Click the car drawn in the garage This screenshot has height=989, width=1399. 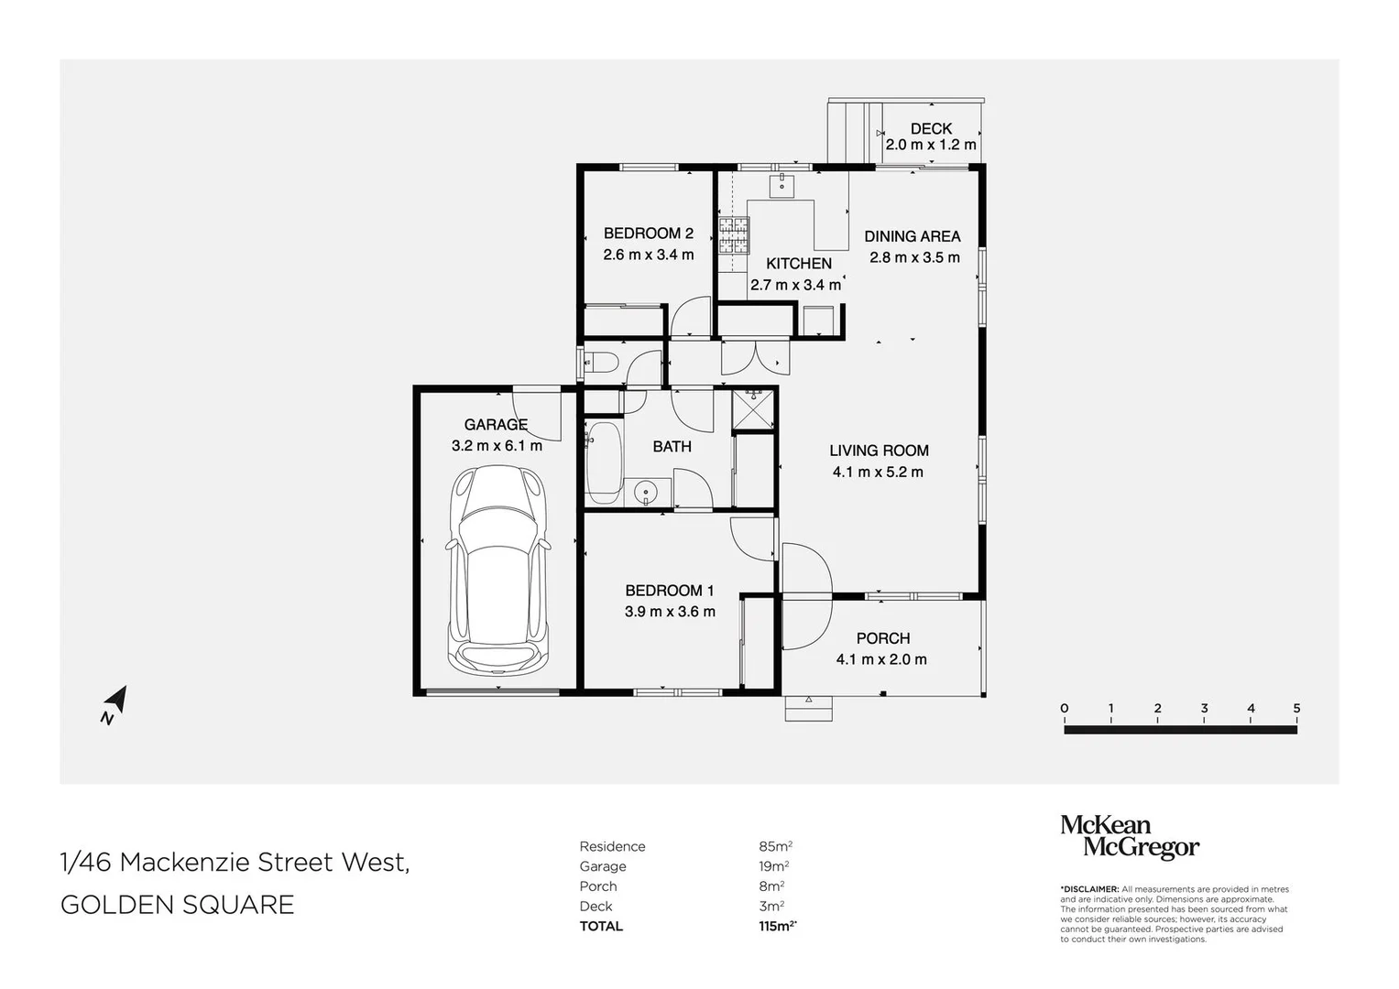tap(497, 571)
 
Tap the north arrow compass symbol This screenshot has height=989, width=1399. tap(115, 704)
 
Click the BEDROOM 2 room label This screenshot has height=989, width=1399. tap(649, 234)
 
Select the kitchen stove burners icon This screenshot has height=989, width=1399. tap(733, 236)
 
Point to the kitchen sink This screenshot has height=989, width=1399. tap(781, 185)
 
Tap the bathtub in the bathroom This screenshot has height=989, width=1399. tap(604, 462)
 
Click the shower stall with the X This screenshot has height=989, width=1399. tap(753, 409)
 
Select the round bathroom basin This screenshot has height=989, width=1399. tap(646, 494)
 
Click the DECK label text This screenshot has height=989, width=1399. tap(931, 128)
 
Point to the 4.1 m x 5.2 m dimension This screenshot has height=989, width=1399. tap(878, 472)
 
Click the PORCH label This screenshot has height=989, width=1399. tap(882, 638)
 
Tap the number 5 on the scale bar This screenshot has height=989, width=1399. tap(1296, 708)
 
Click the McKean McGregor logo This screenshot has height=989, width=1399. tap(1130, 837)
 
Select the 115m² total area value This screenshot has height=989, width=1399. tap(778, 926)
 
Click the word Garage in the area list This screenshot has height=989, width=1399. tap(603, 866)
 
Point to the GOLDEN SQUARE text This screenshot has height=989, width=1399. tap(178, 905)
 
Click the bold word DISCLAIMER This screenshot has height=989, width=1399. tap(1090, 889)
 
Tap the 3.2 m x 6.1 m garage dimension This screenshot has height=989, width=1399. tap(497, 446)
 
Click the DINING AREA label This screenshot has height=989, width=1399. tap(912, 236)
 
